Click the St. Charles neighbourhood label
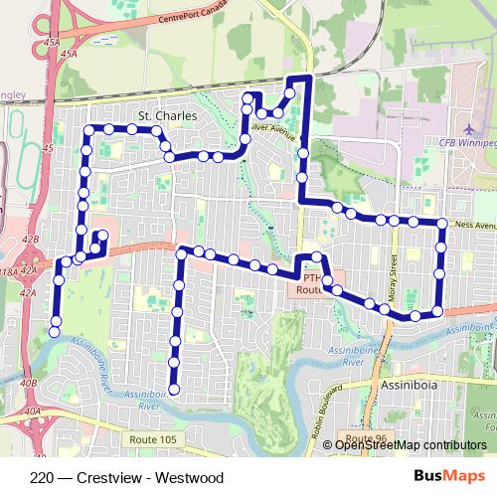click(x=168, y=115)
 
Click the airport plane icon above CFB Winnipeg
click(x=469, y=130)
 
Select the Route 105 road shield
click(x=152, y=438)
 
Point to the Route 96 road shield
click(x=360, y=437)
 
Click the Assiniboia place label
click(x=406, y=382)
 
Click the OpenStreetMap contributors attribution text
click(x=411, y=445)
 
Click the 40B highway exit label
click(x=28, y=383)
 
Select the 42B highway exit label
click(x=30, y=240)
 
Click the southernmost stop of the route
click(x=174, y=389)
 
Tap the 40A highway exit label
click(x=34, y=410)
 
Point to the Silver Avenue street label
click(x=274, y=127)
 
